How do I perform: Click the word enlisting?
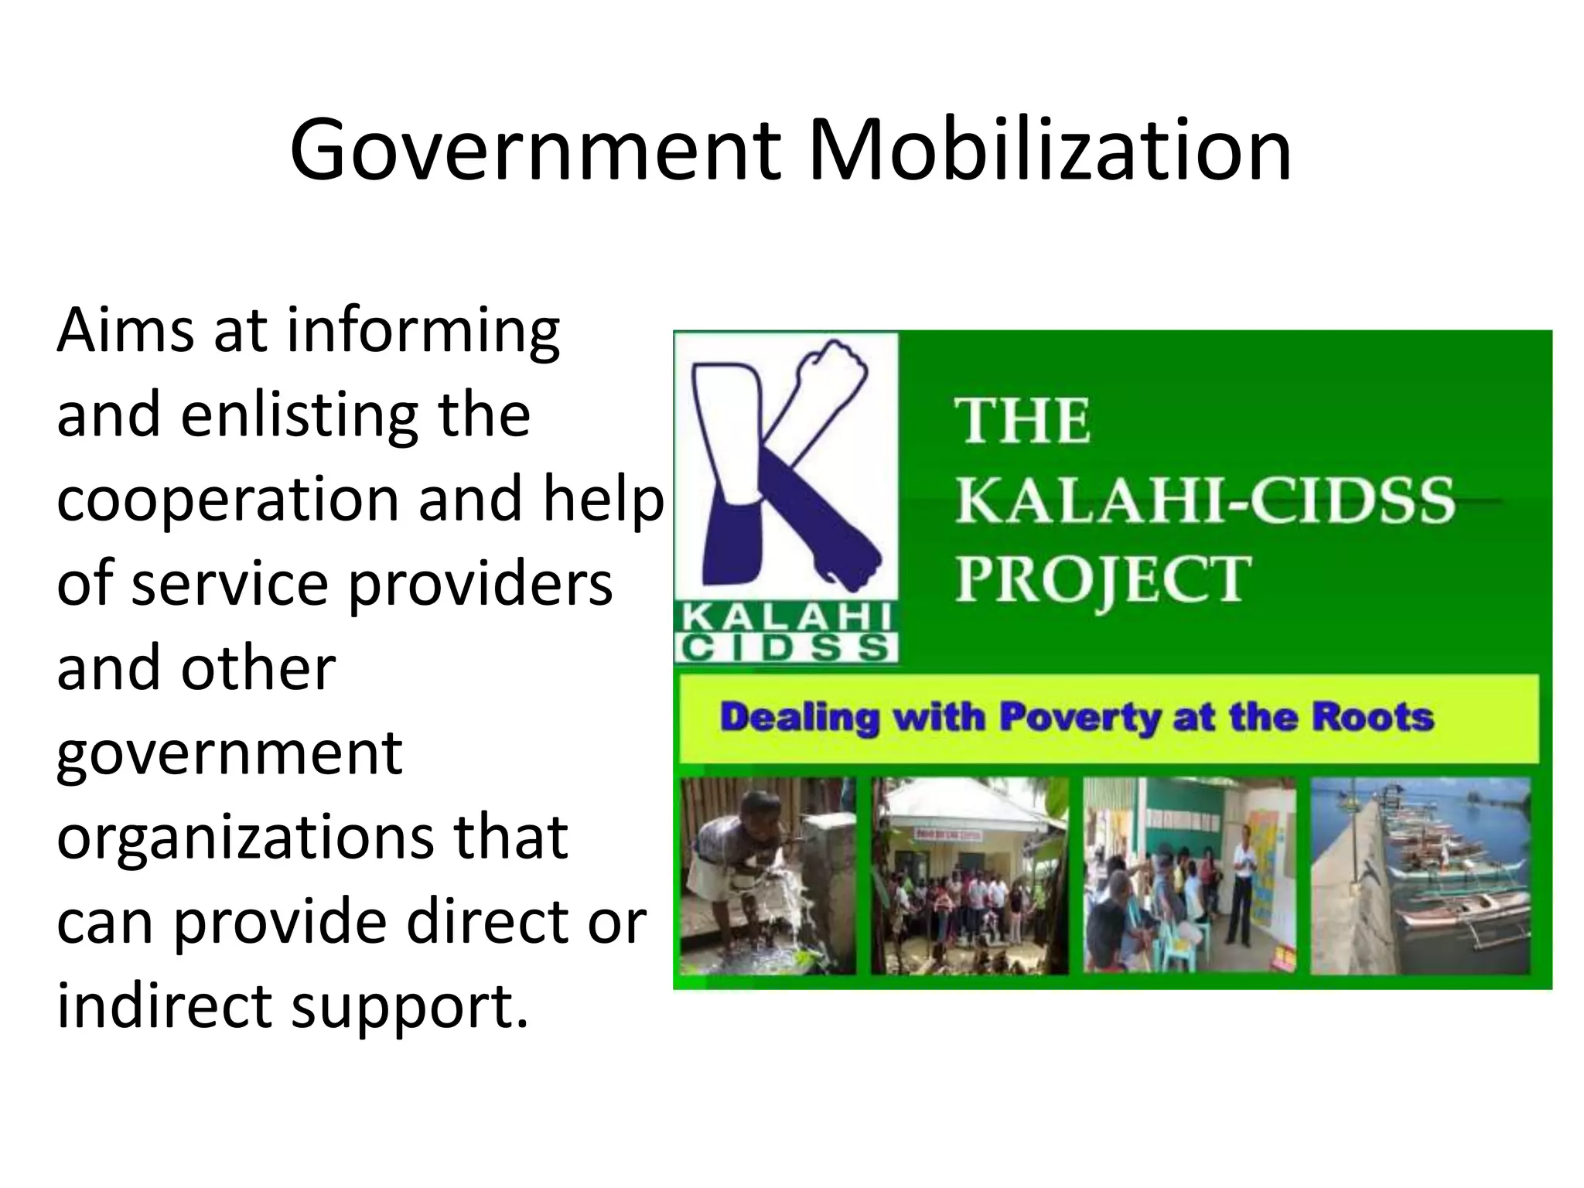[x=302, y=415]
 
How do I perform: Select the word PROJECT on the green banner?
[x=1103, y=580]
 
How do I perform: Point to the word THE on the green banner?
[x=1022, y=422]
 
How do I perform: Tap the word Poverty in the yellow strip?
[x=1080, y=719]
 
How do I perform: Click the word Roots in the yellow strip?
[x=1372, y=717]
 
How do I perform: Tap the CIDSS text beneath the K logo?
[x=786, y=648]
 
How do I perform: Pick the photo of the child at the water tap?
[x=767, y=876]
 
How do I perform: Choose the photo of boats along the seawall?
[x=1420, y=876]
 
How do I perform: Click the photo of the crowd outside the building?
[x=970, y=876]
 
